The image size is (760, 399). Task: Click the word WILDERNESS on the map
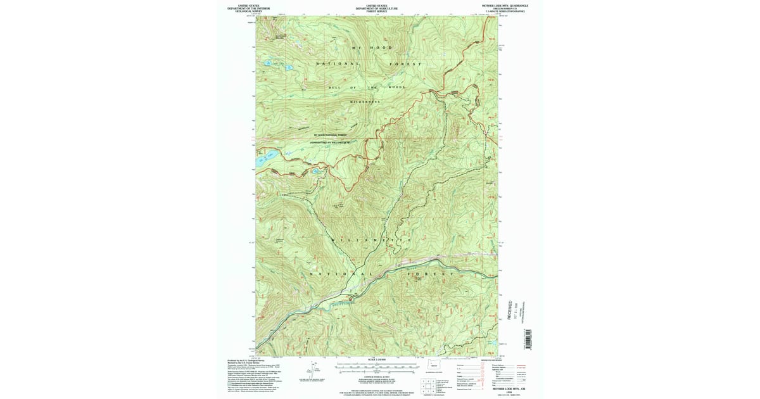point(366,101)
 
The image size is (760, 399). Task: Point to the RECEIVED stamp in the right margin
point(510,310)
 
